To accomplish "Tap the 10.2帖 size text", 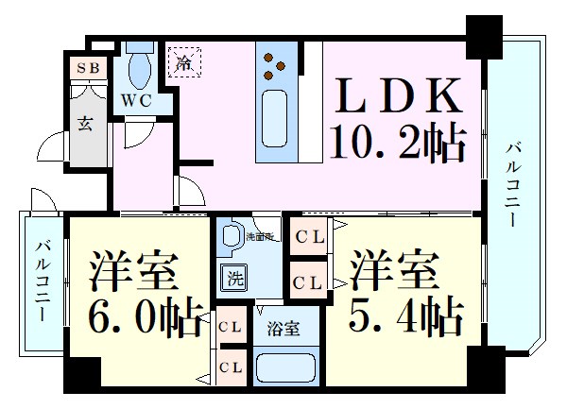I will tap(398, 144).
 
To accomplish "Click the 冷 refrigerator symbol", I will tap(185, 63).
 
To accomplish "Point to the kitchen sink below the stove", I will tap(277, 112).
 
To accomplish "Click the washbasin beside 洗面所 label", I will tap(230, 235).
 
